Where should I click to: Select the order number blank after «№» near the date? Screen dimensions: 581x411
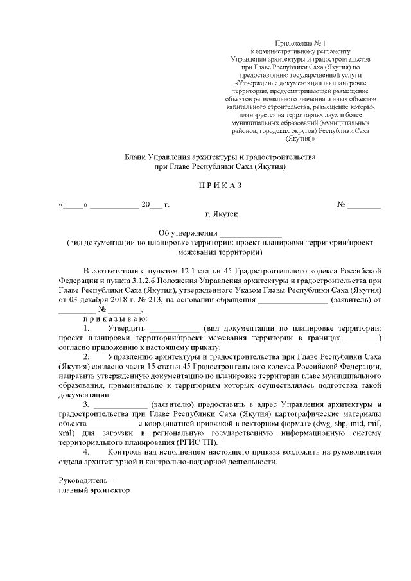click(363, 205)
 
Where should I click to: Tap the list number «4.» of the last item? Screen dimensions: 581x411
click(87, 453)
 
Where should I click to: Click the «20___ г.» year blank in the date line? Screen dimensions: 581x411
click(155, 205)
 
